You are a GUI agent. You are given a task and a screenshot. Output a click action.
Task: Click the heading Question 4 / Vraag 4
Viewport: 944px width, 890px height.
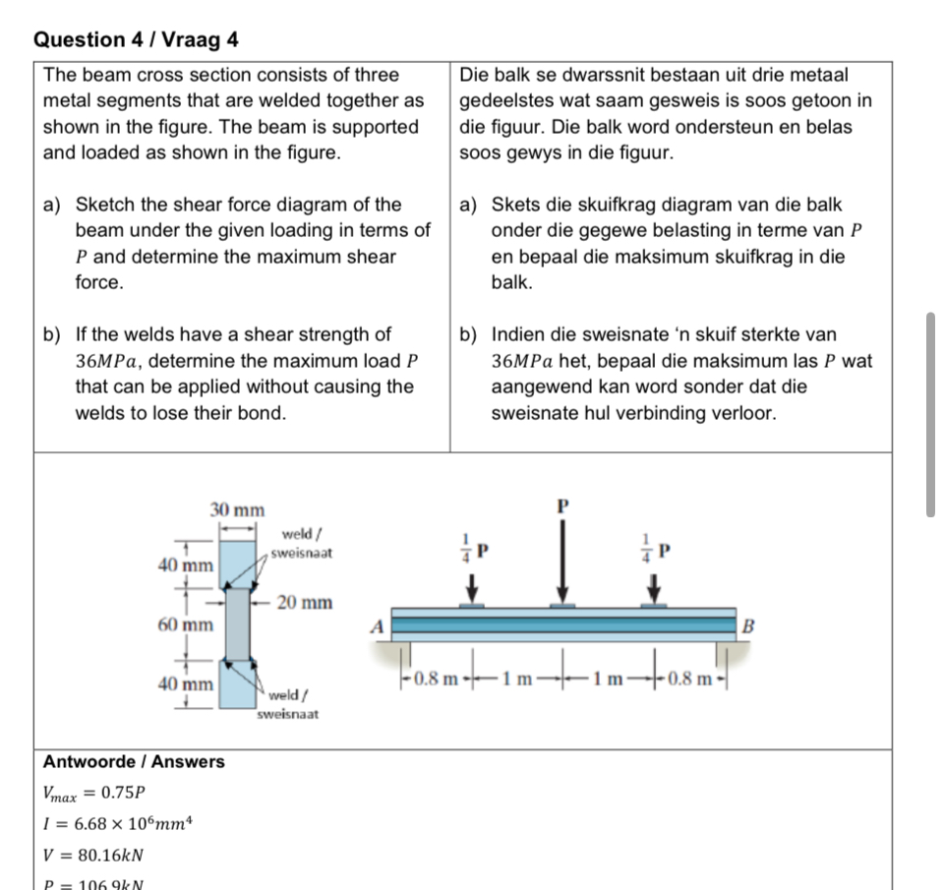pyautogui.click(x=136, y=39)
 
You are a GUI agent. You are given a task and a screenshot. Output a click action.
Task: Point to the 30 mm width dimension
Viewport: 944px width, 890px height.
pyautogui.click(x=237, y=509)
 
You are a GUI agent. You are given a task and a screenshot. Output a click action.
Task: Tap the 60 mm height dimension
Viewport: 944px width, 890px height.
pyautogui.click(x=186, y=624)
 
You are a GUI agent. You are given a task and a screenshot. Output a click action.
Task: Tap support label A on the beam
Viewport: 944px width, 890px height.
pyautogui.click(x=376, y=625)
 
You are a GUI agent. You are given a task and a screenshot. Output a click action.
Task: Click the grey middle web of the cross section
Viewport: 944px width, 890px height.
pyautogui.click(x=237, y=624)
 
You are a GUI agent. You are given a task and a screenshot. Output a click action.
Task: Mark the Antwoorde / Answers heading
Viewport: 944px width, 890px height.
pyautogui.click(x=134, y=761)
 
